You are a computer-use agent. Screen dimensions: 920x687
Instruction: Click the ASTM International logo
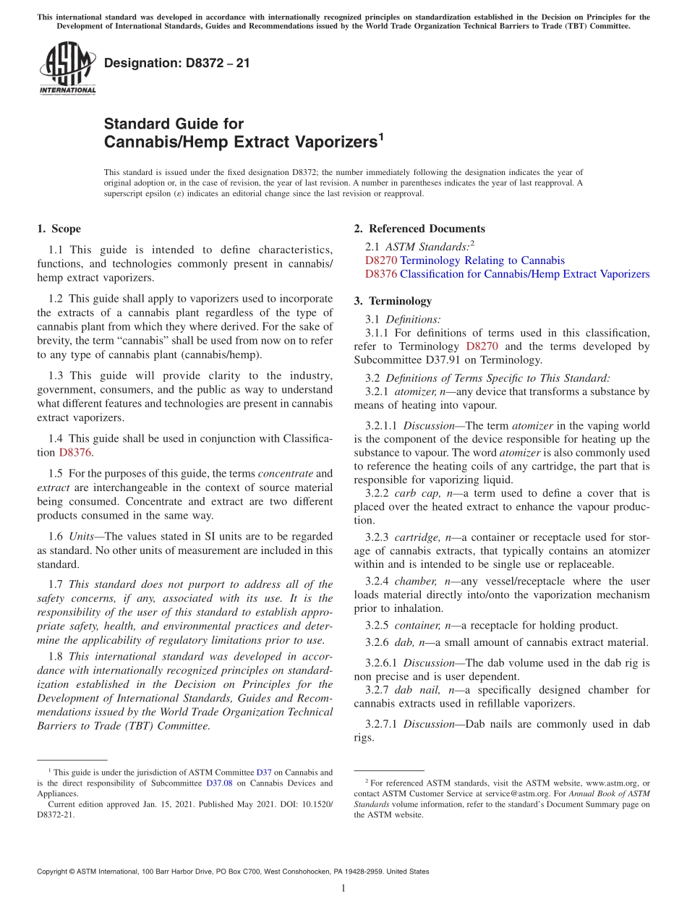67,69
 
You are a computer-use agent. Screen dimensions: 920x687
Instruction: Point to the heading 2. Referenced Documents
419,229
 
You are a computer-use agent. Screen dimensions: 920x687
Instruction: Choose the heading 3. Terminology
400,301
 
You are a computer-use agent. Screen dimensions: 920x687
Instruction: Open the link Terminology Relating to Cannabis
482,260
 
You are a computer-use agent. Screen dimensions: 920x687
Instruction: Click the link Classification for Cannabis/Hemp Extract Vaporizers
524,274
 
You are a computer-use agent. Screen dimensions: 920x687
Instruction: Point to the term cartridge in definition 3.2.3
415,537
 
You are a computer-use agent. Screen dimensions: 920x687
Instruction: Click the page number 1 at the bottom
343,888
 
